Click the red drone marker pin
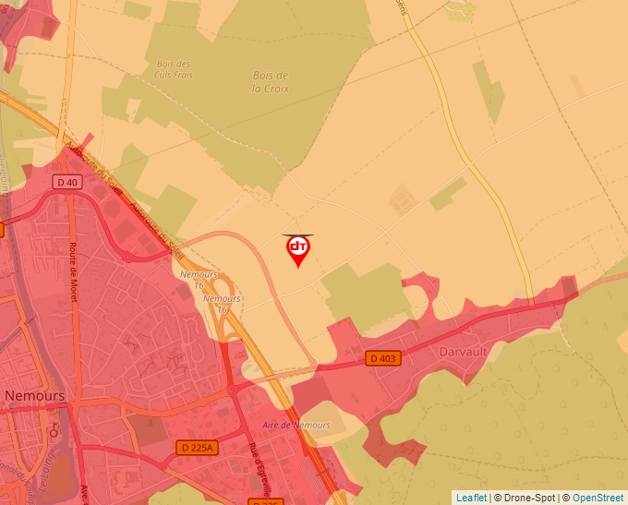coord(298,249)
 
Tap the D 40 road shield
coord(67,182)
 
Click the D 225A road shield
coord(195,448)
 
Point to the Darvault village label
coord(464,351)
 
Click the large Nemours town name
coord(34,395)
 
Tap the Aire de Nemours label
coord(296,425)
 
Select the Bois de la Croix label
coord(271,82)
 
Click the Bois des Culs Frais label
coord(175,69)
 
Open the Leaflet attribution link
coord(471,498)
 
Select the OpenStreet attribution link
coord(598,498)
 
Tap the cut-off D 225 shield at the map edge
coord(265,501)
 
